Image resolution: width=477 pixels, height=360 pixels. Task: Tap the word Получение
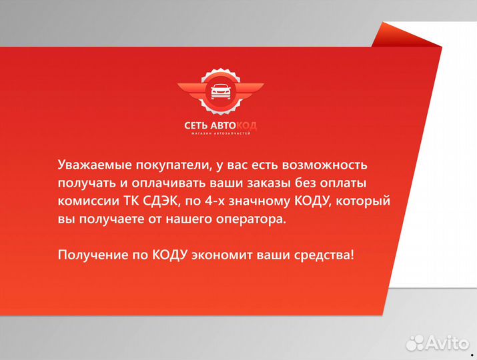click(x=90, y=255)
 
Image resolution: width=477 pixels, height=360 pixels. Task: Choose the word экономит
click(x=225, y=255)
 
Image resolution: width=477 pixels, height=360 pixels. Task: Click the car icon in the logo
click(x=220, y=93)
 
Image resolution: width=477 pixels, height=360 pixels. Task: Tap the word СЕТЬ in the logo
click(x=197, y=125)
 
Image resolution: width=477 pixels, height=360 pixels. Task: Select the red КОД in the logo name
click(x=246, y=125)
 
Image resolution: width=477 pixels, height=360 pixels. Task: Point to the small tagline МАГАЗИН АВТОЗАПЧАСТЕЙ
click(x=220, y=135)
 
